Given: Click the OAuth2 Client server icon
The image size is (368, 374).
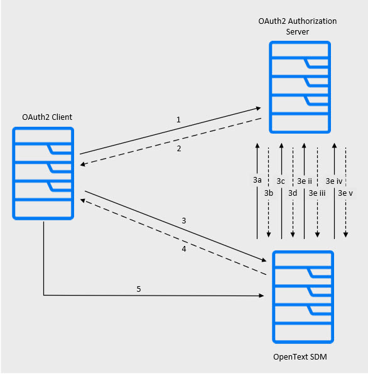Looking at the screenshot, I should click(43, 173).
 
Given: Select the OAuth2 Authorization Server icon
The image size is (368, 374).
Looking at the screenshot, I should click(300, 87).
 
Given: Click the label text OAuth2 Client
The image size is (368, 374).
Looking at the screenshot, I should click(47, 117).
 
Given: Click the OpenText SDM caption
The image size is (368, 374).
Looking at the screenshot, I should click(300, 357).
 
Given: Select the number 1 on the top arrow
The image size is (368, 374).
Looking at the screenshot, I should click(178, 119).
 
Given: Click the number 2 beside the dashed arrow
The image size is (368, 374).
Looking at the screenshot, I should click(178, 149).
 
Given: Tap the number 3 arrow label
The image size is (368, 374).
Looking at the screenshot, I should click(183, 221).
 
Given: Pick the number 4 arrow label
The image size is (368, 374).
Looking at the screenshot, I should click(183, 249).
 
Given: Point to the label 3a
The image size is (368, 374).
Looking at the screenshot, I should click(257, 181).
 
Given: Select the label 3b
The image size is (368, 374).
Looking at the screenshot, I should click(268, 193).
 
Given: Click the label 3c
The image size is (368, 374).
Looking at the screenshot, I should click(281, 181).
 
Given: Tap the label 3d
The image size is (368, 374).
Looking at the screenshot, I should click(293, 193).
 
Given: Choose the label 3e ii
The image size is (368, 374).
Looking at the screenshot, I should click(305, 181).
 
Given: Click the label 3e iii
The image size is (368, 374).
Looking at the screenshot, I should click(317, 193).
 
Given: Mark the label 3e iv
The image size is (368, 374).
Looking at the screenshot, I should click(334, 181).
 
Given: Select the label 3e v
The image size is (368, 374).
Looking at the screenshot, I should click(345, 193).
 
